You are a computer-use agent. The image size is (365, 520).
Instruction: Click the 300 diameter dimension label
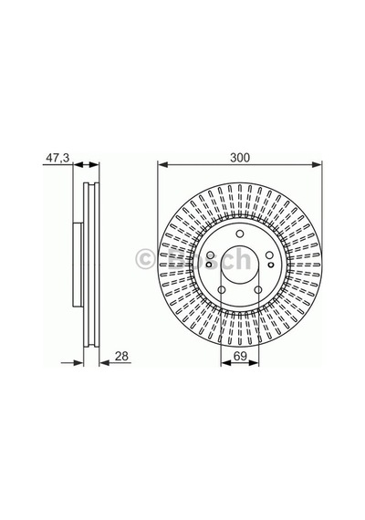[x=240, y=158]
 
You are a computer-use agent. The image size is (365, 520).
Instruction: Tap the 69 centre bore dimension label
[x=240, y=356]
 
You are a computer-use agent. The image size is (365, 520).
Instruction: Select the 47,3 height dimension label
[x=57, y=158]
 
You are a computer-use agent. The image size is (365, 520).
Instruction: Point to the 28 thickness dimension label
[x=121, y=356]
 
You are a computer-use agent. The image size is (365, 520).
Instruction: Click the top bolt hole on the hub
[x=240, y=234]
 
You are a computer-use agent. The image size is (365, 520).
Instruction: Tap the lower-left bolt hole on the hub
[x=222, y=289]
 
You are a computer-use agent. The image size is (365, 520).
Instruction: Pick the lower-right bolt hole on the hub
[x=258, y=289]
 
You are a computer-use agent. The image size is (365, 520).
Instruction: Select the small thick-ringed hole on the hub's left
[x=209, y=265]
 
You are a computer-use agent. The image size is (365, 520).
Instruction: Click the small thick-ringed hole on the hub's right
[x=271, y=265]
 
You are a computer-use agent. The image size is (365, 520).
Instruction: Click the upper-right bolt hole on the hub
[x=269, y=255]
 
